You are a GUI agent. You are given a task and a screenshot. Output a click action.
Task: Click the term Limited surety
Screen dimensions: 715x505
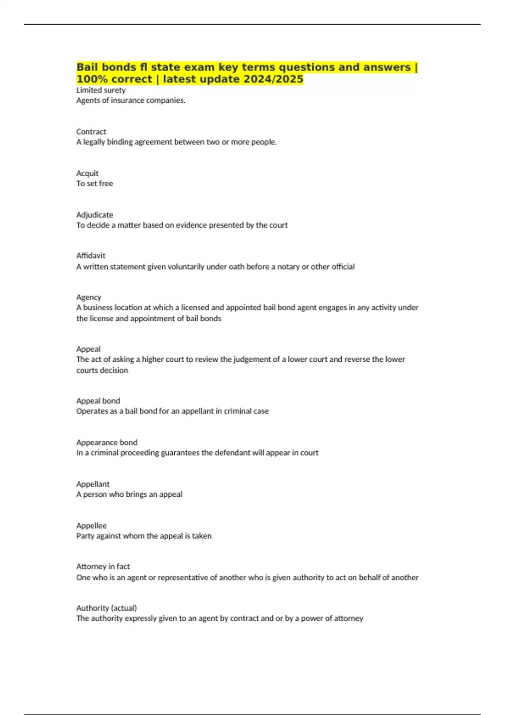[101, 90]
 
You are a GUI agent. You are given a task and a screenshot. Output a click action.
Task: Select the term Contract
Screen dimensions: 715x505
[91, 132]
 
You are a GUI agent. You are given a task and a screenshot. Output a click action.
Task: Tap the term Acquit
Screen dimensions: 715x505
[87, 173]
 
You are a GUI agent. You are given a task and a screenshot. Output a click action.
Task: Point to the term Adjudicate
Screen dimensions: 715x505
[95, 215]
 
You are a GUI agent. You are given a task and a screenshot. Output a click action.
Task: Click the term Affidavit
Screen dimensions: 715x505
[90, 256]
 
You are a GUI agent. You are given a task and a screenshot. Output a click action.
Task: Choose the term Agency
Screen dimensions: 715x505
[88, 297]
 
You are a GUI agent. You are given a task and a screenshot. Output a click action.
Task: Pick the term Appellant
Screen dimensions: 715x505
[93, 484]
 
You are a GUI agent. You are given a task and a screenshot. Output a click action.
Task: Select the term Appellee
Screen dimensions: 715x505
[91, 526]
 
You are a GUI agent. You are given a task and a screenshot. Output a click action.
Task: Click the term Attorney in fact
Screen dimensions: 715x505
[103, 567]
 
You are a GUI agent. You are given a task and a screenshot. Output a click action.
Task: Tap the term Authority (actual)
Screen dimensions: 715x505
[106, 608]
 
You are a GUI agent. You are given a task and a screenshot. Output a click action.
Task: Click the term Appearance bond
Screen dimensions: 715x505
[106, 442]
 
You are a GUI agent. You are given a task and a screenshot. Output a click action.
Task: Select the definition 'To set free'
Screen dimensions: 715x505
[95, 184]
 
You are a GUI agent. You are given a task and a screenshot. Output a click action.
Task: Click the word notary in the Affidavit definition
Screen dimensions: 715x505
[288, 267]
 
